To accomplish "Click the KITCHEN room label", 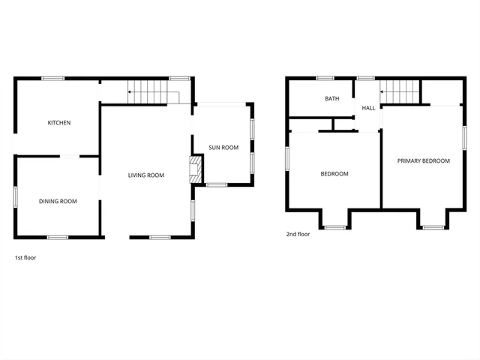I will tap(59, 123).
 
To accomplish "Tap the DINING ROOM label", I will tap(58, 201).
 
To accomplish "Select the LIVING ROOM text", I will tap(145, 175).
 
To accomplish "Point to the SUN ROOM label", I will tap(223, 148).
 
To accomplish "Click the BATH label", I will tap(332, 99).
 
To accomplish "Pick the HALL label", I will tap(368, 108).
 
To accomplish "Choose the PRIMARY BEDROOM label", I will tap(423, 160).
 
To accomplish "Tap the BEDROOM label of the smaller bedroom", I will tap(334, 174).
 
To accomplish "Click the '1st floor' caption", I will tap(25, 257).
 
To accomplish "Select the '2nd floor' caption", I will tap(298, 234).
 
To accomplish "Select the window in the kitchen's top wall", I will tap(52, 78).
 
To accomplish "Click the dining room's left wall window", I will tap(16, 196).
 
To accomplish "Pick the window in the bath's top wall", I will tap(325, 78).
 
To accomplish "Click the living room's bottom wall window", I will tap(160, 238).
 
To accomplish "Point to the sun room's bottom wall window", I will tap(217, 184).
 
